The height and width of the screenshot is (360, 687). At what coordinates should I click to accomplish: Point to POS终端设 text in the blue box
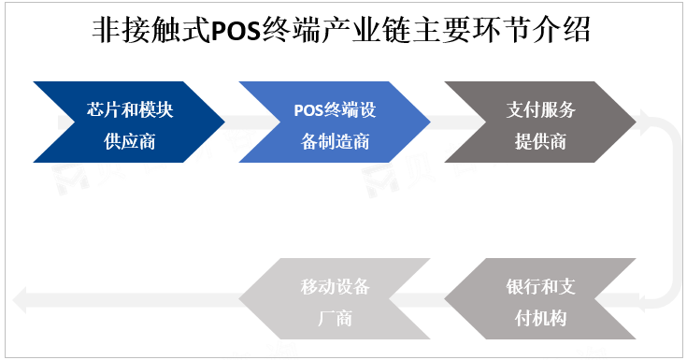[335, 108]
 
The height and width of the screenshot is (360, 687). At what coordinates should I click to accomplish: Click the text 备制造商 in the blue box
[335, 141]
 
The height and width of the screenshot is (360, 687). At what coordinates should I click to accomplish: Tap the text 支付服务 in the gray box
[540, 108]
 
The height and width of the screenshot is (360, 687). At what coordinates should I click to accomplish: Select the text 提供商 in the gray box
[540, 141]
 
